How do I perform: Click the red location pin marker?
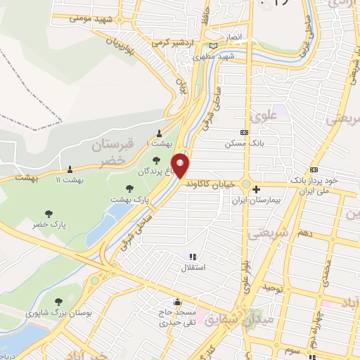click(181, 166)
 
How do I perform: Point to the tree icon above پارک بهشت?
click(129, 188)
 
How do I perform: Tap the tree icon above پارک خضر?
click(49, 213)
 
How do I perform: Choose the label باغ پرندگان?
click(155, 171)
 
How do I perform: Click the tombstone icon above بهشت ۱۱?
click(70, 169)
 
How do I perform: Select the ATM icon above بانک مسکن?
click(244, 132)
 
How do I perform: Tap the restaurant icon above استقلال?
click(193, 257)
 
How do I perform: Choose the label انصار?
click(233, 37)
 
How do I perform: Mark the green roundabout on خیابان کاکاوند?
click(246, 184)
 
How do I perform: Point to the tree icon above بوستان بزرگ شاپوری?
click(58, 302)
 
